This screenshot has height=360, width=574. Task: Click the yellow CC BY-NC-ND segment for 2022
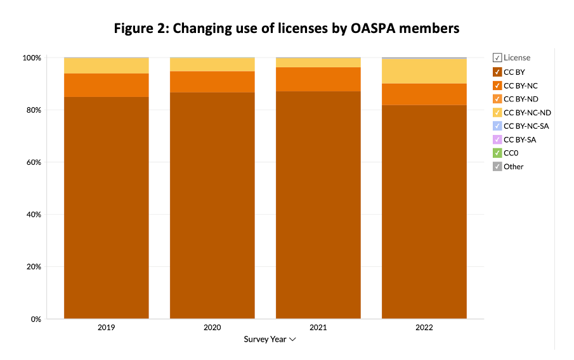tap(424, 72)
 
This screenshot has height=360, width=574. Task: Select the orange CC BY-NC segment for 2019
tap(106, 85)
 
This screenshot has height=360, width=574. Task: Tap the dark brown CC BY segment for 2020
tap(212, 205)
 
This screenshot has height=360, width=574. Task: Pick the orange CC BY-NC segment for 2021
tap(318, 79)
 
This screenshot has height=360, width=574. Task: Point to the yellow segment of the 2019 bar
tap(106, 66)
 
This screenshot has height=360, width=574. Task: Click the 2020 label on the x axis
tap(212, 328)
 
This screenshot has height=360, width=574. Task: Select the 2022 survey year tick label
tap(424, 328)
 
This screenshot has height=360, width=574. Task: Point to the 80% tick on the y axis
tap(34, 110)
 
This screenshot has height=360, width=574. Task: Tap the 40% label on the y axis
tap(34, 215)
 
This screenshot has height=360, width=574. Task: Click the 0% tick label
tap(36, 319)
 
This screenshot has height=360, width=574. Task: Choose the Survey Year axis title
tap(265, 340)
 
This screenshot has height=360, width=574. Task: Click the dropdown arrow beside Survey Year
tap(292, 340)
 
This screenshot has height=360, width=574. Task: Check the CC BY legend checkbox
tap(497, 72)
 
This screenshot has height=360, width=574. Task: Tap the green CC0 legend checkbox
tap(497, 153)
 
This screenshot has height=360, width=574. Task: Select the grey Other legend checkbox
tap(497, 167)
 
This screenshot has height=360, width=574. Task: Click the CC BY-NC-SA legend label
tap(526, 126)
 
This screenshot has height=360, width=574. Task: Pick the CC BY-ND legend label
tap(521, 99)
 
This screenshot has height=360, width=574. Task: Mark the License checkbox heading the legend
tap(497, 58)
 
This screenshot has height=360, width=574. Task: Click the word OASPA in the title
tap(373, 29)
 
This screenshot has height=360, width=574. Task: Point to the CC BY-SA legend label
tap(520, 140)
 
